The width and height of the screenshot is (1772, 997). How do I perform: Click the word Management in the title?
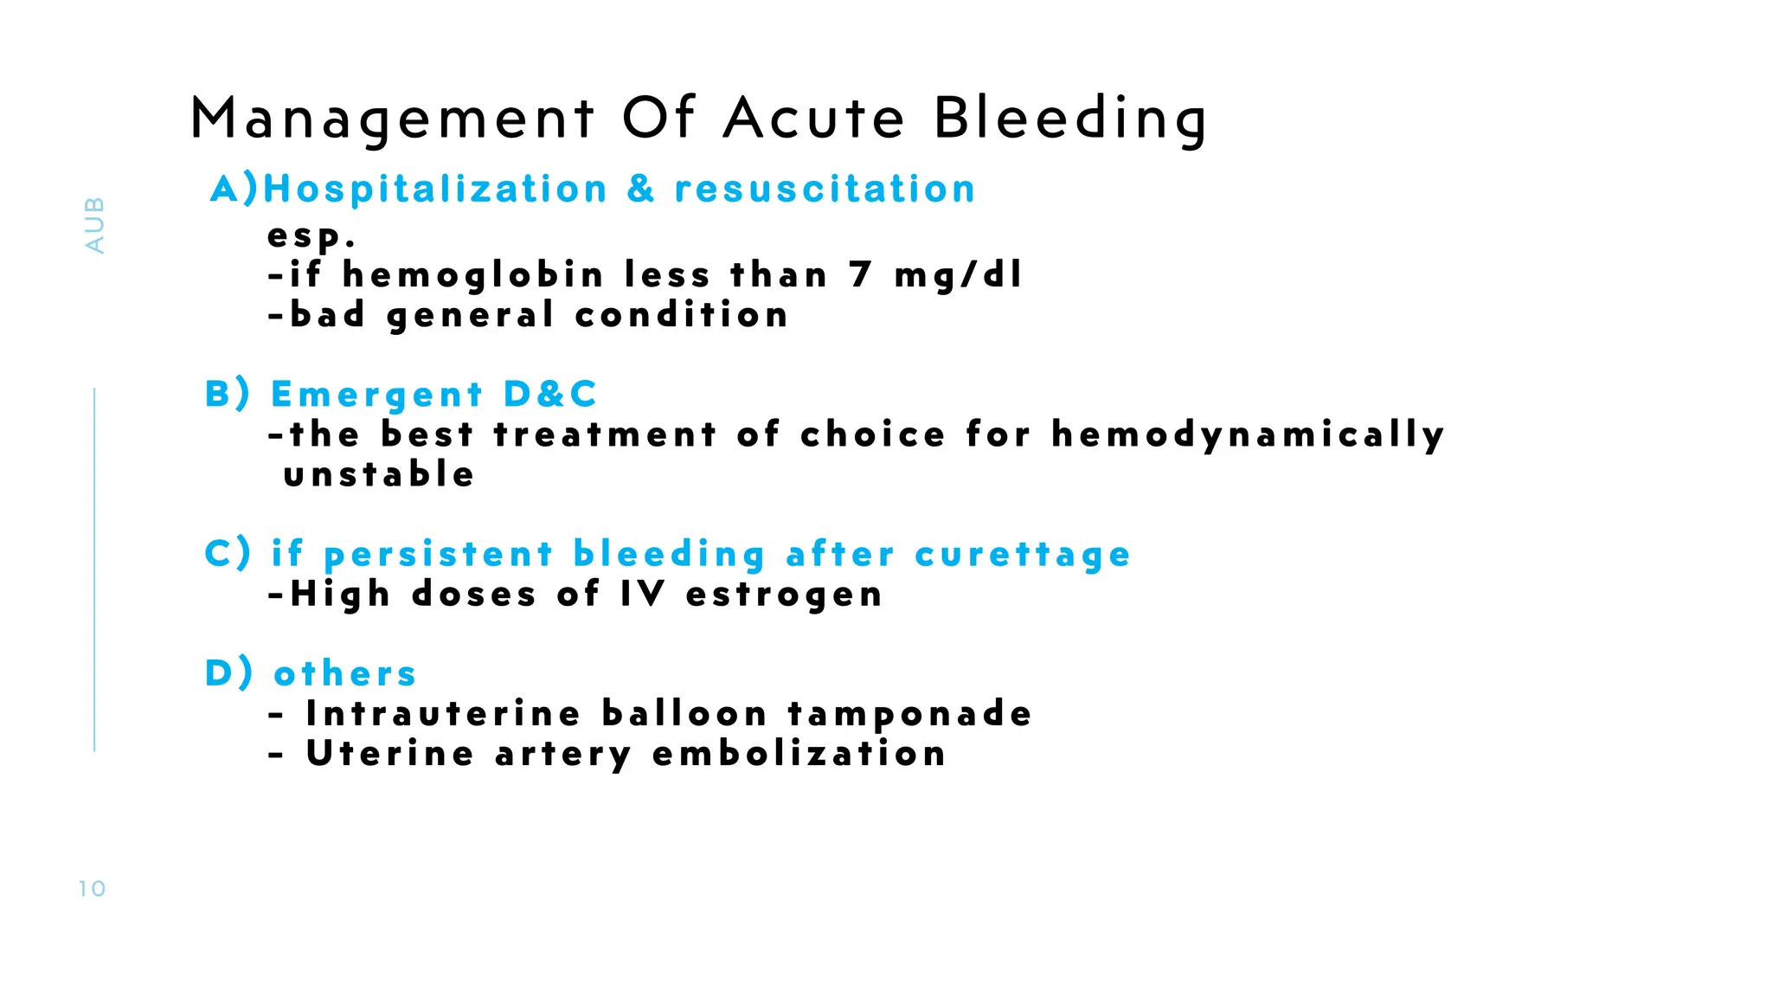392,119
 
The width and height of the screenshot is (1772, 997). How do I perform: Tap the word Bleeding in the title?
1070,119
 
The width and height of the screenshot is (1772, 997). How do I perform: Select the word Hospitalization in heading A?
435,189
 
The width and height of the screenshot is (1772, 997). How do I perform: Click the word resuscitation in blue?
825,189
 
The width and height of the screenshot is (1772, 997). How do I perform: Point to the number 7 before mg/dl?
860,275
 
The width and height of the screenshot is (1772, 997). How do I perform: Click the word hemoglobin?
472,276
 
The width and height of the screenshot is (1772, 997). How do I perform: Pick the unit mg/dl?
959,276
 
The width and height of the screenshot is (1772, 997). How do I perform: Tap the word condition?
682,315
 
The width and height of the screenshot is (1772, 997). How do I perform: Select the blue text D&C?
550,395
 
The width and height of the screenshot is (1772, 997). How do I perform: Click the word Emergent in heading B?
376,395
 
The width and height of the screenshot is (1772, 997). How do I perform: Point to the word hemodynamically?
1248,435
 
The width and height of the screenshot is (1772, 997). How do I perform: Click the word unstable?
379,475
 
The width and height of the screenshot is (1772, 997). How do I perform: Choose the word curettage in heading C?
1023,555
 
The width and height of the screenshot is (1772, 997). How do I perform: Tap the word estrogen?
784,595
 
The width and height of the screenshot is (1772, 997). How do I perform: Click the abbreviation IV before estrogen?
643,595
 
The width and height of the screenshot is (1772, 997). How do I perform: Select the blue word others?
345,674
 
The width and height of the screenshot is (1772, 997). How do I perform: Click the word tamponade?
909,714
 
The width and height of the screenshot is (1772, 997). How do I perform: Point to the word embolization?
799,754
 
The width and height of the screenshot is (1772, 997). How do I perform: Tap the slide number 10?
92,889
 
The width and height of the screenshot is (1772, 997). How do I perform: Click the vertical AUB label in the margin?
94,225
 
